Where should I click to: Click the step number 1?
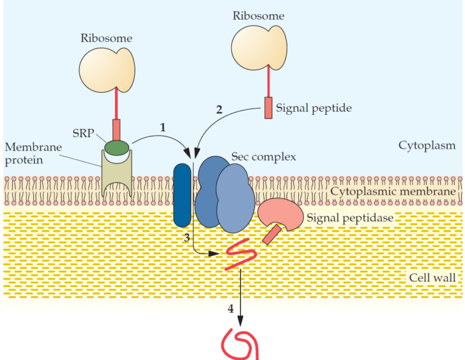pyautogui.click(x=162, y=127)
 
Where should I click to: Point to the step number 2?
pyautogui.click(x=219, y=109)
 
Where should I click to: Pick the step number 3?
pyautogui.click(x=187, y=237)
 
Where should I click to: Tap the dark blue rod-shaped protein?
pyautogui.click(x=183, y=195)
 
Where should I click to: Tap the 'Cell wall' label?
pyautogui.click(x=432, y=278)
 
